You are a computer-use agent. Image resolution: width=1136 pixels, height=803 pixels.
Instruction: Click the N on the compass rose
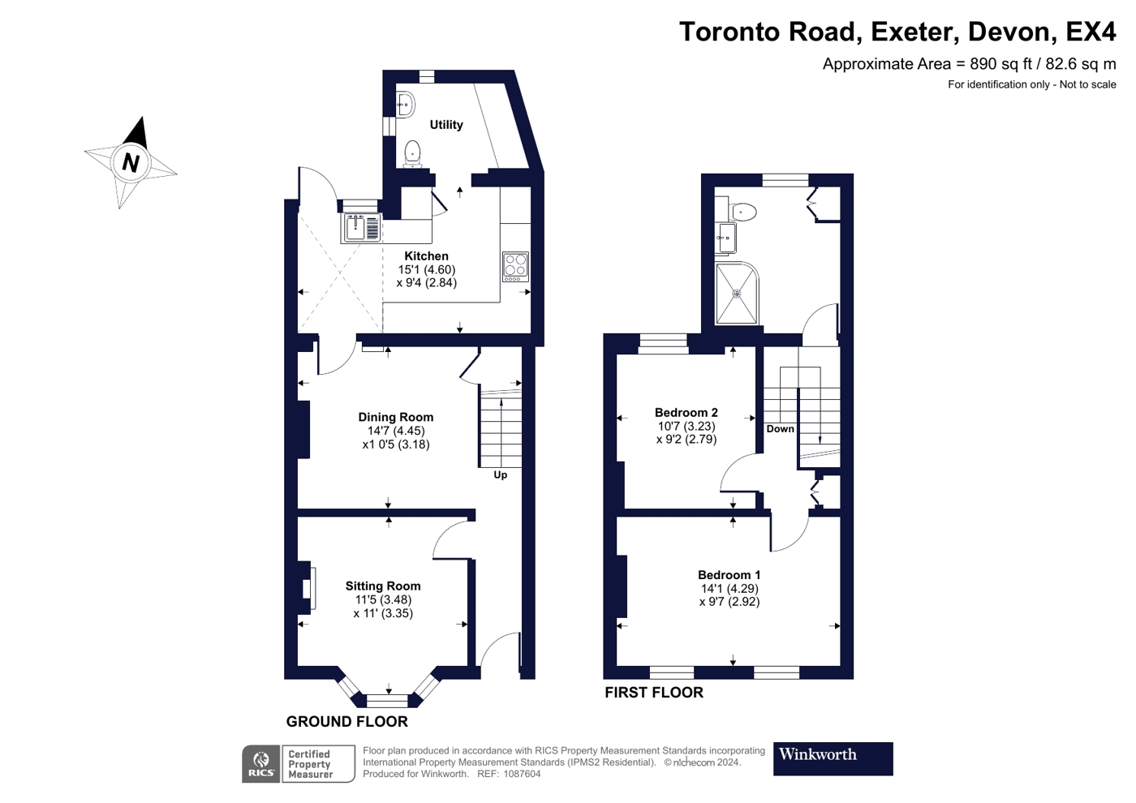pos(131,163)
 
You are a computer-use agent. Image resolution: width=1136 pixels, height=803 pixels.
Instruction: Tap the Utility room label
pos(446,125)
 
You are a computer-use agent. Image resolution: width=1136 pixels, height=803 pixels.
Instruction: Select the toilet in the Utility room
pos(412,154)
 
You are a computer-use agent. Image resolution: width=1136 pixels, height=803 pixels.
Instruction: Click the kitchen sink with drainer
pos(362,228)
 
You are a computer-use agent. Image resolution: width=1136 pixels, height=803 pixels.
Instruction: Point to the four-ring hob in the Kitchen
pos(516,267)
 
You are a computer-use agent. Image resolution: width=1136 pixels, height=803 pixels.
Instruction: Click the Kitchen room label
pos(426,256)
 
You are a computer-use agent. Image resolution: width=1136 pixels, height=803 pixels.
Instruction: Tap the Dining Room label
pos(396,417)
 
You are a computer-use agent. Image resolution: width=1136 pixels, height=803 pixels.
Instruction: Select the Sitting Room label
pos(383,586)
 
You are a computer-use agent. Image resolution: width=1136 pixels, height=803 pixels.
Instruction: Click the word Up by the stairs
pos(501,475)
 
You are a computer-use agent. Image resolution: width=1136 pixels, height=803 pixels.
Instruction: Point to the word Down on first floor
pos(780,429)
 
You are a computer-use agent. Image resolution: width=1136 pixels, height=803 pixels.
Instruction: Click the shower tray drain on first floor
pos(737,294)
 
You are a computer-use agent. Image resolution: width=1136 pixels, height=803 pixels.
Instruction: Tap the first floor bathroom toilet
pos(742,210)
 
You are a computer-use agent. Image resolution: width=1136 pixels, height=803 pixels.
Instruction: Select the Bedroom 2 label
pos(686,413)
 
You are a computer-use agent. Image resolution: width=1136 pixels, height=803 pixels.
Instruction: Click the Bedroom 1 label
pos(729,575)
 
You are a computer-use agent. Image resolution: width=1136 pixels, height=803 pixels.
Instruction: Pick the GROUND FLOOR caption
pos(347,722)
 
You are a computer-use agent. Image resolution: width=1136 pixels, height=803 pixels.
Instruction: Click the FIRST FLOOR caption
pos(654,693)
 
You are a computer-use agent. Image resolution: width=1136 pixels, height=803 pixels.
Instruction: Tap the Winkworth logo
pos(833,759)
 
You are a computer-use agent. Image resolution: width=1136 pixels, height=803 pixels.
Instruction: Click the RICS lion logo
pos(261,764)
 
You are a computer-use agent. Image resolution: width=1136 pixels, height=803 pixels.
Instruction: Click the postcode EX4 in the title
pos(1091,32)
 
